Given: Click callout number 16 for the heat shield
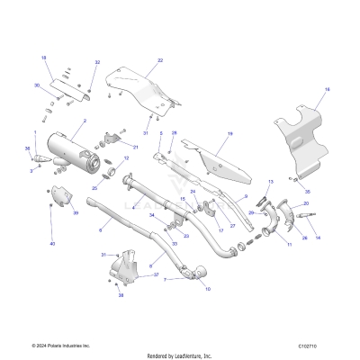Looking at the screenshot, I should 327,90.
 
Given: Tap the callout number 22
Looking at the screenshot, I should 159,60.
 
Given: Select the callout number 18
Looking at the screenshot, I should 43,57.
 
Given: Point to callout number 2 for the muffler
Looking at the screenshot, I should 84,121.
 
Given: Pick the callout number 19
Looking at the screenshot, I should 229,134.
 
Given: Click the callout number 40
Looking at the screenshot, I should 52,244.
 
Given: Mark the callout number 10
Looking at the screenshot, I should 208,289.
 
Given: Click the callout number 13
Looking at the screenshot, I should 268,183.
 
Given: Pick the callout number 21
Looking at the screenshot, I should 135,147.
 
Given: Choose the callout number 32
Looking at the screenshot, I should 97,63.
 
